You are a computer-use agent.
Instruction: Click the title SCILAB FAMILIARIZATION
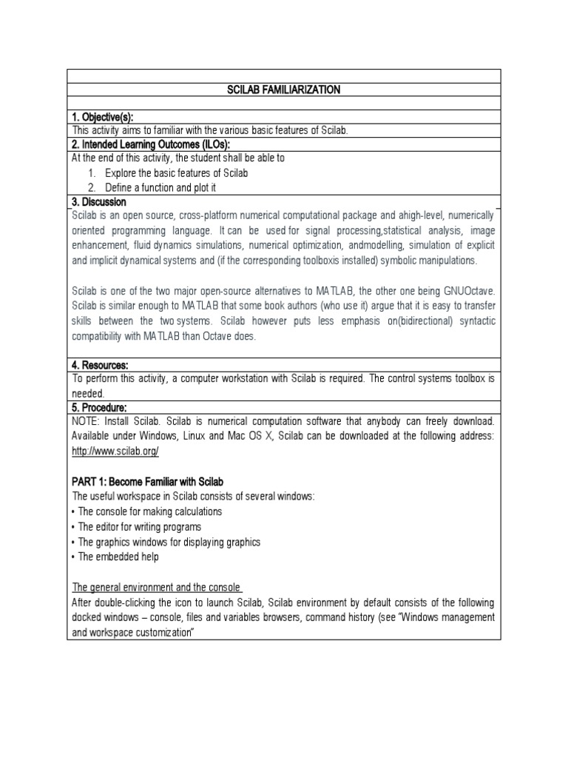283,90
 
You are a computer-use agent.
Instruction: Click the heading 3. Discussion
99,201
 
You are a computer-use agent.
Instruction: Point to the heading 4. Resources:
101,365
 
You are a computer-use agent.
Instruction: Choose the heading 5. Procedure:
100,407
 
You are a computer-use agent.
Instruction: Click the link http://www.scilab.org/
115,451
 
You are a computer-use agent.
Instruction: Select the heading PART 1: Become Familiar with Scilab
148,482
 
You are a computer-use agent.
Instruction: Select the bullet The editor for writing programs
140,526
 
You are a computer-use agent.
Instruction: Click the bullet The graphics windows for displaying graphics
166,542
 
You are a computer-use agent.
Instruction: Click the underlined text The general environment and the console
158,588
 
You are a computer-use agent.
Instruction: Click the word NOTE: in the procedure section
87,421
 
